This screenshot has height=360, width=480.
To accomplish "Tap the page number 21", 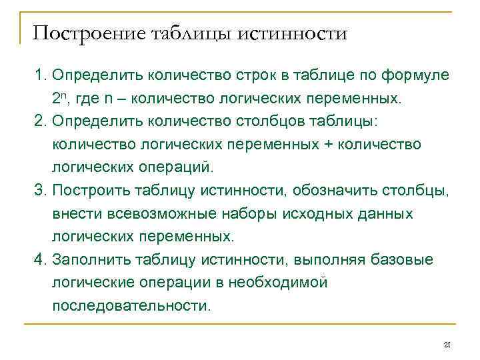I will click(x=447, y=344).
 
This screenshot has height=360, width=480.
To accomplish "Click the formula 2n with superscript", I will click(x=59, y=99).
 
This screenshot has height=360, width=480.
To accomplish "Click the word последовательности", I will click(x=130, y=306).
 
